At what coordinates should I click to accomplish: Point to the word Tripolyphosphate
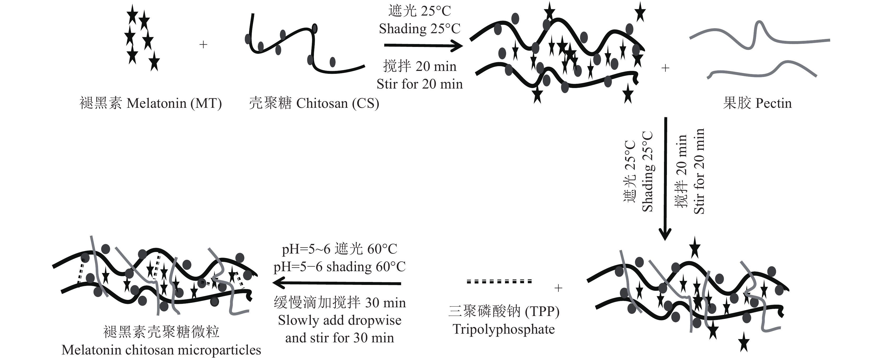(504, 329)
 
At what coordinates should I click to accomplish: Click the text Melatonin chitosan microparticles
(161, 350)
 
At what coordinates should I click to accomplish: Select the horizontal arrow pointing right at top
(423, 45)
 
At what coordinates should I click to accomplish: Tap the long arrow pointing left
(337, 283)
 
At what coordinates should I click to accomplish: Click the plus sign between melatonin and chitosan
(203, 45)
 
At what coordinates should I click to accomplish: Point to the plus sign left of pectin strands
(665, 68)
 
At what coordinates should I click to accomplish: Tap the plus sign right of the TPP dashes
(558, 288)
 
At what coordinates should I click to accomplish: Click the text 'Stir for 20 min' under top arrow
(420, 84)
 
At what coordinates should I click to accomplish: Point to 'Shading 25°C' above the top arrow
(420, 29)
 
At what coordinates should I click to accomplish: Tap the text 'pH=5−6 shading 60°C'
(339, 267)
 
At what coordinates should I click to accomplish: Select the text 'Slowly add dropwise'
(340, 320)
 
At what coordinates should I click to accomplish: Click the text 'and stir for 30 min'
(340, 338)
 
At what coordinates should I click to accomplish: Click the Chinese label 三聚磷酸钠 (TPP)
(504, 312)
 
